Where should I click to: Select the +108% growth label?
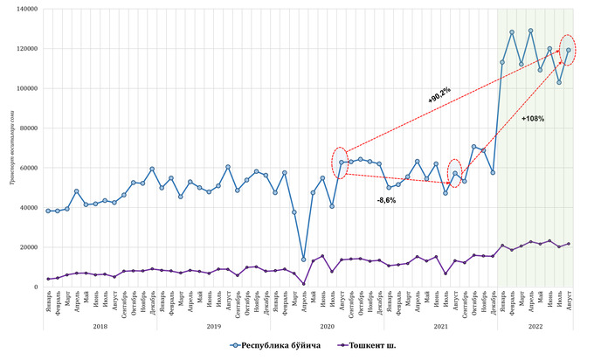click(x=532, y=118)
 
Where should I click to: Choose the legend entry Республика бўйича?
click(x=280, y=345)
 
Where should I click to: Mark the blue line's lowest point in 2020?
click(x=304, y=260)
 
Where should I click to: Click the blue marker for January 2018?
click(x=48, y=211)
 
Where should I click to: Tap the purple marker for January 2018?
click(x=48, y=279)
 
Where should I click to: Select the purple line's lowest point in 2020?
click(x=304, y=283)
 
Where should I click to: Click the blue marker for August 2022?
click(x=569, y=50)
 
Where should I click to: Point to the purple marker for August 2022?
click(x=569, y=244)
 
